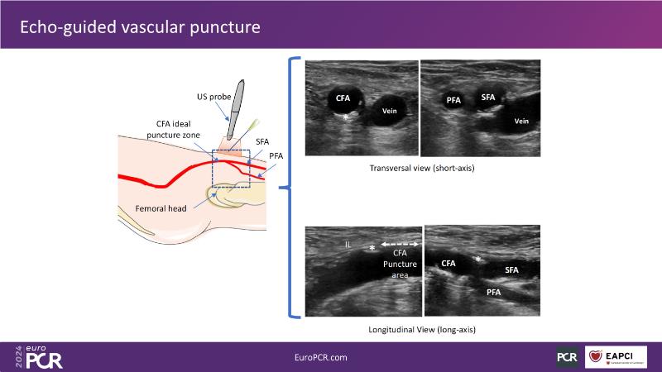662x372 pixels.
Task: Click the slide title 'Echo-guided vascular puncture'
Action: (140, 26)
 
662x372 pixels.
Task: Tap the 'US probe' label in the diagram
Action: (213, 97)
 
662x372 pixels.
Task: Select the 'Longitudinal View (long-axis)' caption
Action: (421, 330)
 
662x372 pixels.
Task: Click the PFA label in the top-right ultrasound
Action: (453, 100)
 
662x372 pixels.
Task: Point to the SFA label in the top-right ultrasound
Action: (488, 98)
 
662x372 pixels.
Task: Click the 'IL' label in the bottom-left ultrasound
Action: (348, 244)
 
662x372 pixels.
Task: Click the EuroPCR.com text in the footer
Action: (321, 356)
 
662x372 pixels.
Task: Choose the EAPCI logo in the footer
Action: (621, 356)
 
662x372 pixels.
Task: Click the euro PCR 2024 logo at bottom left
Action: (39, 355)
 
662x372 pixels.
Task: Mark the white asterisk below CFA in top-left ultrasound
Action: (346, 118)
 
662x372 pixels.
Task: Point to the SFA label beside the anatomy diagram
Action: (262, 142)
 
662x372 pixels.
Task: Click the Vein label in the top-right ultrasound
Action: (521, 121)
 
